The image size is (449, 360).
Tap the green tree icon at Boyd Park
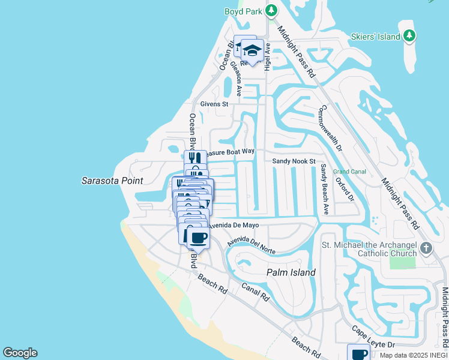point(271,10)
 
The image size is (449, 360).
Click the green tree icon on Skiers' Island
point(409,36)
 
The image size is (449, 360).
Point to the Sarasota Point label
point(112,181)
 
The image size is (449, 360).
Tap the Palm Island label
point(291,272)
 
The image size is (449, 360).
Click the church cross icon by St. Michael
point(426,248)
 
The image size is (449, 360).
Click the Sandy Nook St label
point(294,161)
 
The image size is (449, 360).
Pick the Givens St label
point(215,104)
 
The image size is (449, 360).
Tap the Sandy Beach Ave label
point(325,189)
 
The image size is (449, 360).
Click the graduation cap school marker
point(253,50)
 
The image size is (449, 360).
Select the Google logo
point(20,353)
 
